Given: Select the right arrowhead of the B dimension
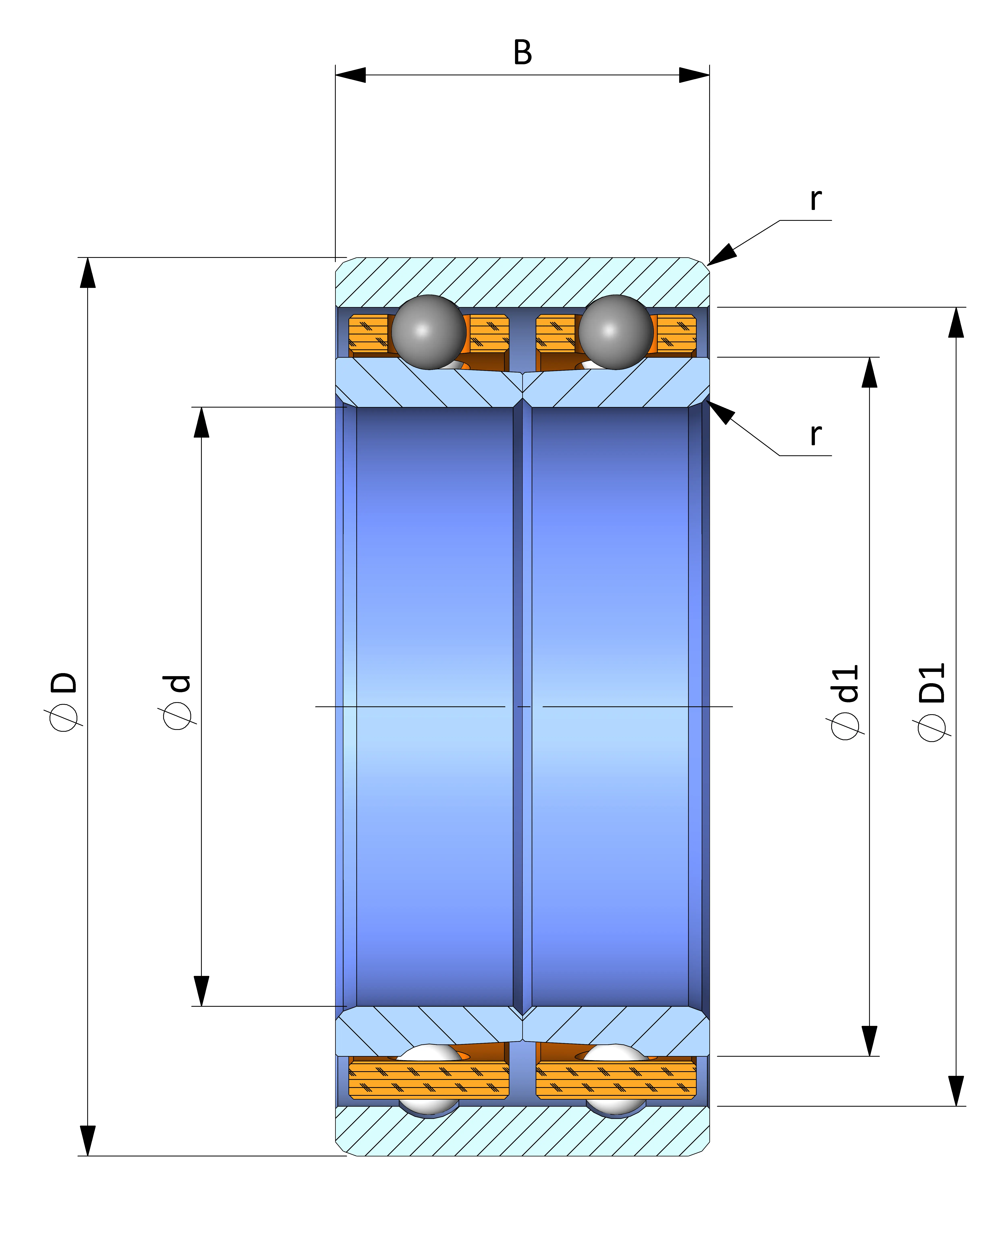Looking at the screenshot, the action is point(694,75).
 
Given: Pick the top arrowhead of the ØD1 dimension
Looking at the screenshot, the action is point(956,322).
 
